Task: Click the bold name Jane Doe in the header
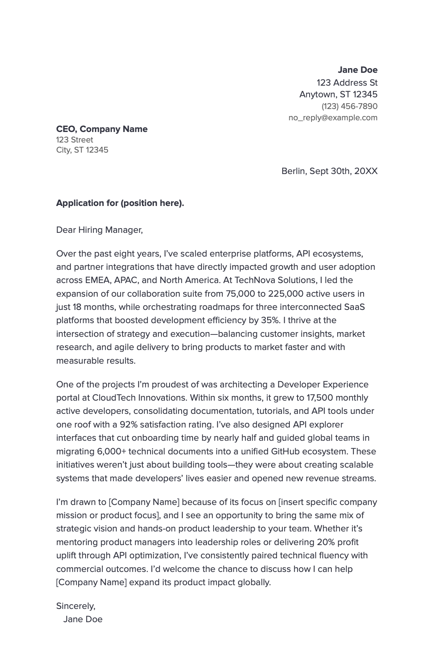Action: [357, 70]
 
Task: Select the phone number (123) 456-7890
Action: [349, 106]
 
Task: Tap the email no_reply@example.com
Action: [333, 118]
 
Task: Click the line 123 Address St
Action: [347, 83]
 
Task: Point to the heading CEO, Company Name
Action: [102, 129]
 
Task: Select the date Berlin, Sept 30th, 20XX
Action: [329, 171]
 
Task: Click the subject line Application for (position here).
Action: [120, 203]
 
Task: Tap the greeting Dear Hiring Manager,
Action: [100, 230]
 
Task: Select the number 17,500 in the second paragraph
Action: [319, 398]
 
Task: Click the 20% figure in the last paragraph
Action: [325, 542]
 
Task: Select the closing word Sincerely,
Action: [76, 606]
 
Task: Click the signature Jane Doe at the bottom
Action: [83, 619]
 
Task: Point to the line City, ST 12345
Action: [82, 150]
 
